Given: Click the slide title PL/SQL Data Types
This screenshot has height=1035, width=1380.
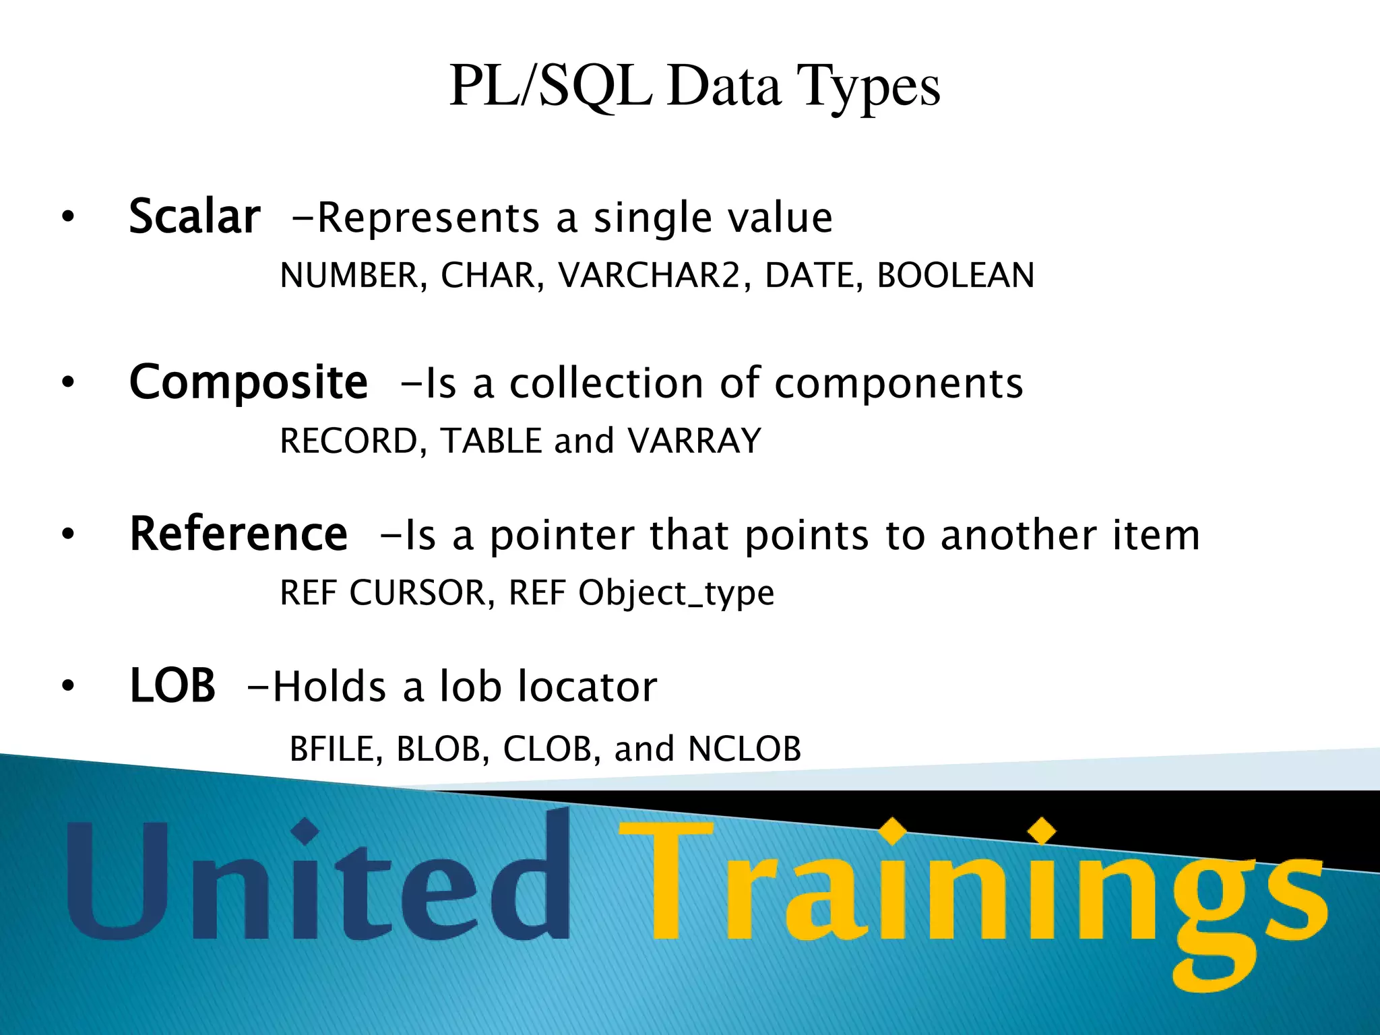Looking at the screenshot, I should (x=694, y=86).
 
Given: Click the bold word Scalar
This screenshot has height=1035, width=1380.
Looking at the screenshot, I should (x=194, y=217).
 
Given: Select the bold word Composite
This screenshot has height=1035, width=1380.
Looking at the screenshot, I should (x=248, y=382).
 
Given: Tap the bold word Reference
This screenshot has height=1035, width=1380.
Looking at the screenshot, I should (x=239, y=534).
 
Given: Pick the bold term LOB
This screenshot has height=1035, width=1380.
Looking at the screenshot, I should (x=172, y=686).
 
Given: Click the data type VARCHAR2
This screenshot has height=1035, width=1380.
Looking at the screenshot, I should (x=650, y=275).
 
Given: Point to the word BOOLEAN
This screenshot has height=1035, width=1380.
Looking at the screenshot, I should (x=955, y=275).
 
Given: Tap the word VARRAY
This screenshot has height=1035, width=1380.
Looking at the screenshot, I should (x=694, y=441).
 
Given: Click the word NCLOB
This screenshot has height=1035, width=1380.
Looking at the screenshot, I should (x=745, y=749).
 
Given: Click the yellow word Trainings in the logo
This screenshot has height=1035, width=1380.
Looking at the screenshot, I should (x=970, y=889).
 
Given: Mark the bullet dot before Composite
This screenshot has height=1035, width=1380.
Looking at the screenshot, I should (x=67, y=383).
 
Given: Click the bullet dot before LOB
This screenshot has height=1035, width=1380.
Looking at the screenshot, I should (x=67, y=686).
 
